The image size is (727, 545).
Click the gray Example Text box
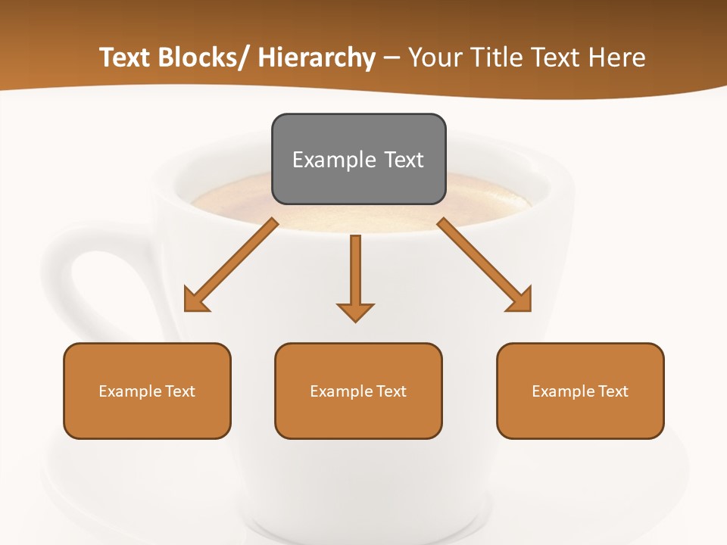point(358,159)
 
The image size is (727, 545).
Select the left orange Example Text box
point(147,391)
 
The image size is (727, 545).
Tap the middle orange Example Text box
point(358,391)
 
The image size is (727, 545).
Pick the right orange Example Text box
point(580,391)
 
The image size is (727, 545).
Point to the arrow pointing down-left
point(231,266)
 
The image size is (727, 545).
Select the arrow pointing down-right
point(485,265)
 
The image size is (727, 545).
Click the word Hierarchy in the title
point(317,58)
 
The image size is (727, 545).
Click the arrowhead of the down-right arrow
point(522,301)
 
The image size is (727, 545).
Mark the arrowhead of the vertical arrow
point(355,311)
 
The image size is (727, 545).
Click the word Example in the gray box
point(323,160)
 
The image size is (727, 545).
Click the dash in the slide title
point(392,58)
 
